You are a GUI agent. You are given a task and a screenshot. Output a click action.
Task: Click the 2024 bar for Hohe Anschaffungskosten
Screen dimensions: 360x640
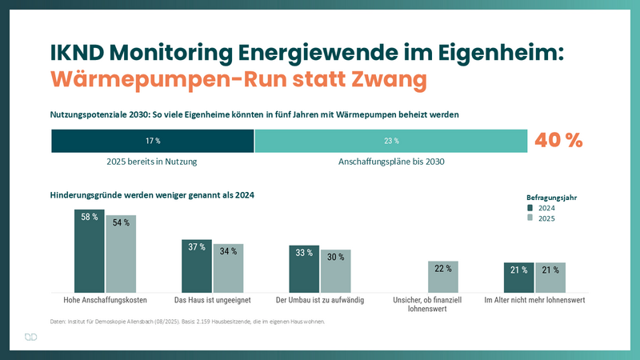click(90, 251)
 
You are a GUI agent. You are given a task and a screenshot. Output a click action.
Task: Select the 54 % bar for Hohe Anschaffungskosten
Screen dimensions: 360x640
click(121, 254)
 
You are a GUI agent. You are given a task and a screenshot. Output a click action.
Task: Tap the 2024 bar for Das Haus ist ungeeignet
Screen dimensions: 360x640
click(197, 266)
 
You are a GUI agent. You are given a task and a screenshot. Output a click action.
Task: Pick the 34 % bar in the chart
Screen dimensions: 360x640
click(228, 268)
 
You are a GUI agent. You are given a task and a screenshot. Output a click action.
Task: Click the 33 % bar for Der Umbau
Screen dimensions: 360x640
click(304, 269)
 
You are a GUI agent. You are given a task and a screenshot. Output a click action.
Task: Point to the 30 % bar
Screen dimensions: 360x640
click(335, 271)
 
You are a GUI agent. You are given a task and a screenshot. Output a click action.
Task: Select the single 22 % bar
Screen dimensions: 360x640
click(442, 277)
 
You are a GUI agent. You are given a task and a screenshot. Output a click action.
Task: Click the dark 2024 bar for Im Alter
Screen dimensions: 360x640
click(519, 278)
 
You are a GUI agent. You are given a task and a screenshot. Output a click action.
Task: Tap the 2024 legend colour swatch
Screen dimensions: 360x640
click(530, 208)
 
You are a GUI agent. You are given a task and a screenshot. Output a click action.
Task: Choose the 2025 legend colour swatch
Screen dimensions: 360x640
click(530, 218)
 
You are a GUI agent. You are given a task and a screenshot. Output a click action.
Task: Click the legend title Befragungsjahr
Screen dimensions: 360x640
click(551, 196)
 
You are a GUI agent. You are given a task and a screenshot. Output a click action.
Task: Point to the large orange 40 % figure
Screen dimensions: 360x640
click(558, 140)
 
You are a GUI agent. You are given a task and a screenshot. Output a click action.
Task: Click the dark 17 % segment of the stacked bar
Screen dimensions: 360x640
click(153, 141)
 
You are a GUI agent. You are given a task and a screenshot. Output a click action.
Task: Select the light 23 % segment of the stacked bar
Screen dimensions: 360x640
click(391, 141)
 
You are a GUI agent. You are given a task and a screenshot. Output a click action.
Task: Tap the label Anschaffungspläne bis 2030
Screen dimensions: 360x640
click(391, 161)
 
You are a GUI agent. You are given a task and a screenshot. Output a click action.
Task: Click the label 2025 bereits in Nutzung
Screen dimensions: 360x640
click(152, 161)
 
